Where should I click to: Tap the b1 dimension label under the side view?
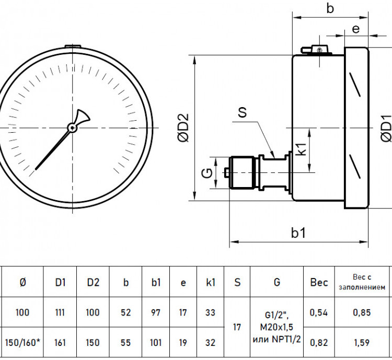(298, 233)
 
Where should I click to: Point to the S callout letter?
(242, 112)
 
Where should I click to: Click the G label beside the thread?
(207, 173)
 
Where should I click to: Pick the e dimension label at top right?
(356, 29)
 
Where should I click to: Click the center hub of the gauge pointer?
(73, 128)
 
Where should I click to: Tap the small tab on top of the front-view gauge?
(73, 47)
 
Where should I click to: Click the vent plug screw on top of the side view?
(319, 50)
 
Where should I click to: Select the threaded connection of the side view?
(243, 173)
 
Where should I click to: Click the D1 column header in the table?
(60, 282)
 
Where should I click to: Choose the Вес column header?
(319, 282)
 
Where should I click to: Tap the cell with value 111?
(60, 312)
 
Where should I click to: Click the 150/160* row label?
(22, 343)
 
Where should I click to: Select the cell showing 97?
(156, 312)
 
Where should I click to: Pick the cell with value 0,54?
(319, 312)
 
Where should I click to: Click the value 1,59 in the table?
(362, 343)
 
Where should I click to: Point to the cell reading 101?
(156, 343)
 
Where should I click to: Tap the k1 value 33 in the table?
(210, 312)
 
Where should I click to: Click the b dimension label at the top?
(330, 8)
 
